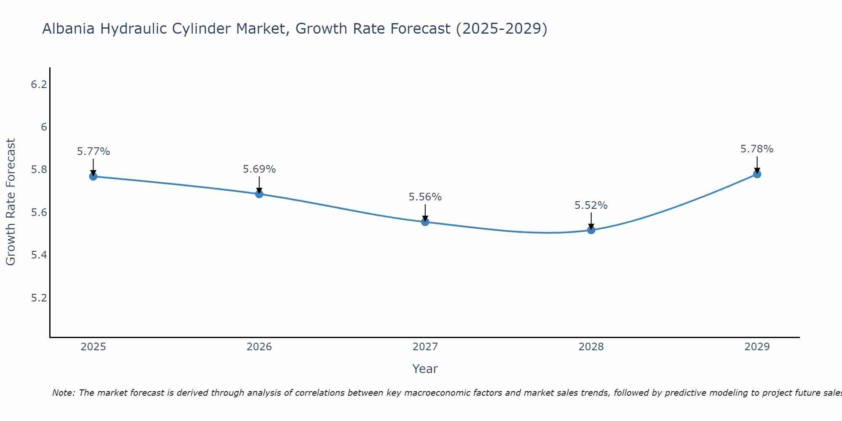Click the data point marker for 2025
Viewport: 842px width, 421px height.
pyautogui.click(x=93, y=176)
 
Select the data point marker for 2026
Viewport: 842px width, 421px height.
pyautogui.click(x=259, y=194)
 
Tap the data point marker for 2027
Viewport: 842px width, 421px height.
pyautogui.click(x=425, y=222)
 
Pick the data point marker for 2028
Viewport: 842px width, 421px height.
pyautogui.click(x=591, y=230)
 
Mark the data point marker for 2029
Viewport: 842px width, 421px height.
pyautogui.click(x=757, y=174)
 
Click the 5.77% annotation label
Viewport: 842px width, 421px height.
pyautogui.click(x=93, y=152)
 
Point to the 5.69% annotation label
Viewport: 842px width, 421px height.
pyautogui.click(x=259, y=169)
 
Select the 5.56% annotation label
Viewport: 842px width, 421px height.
pyautogui.click(x=425, y=197)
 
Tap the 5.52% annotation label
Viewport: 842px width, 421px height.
pyautogui.click(x=591, y=205)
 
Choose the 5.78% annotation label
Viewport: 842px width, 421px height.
pyautogui.click(x=757, y=149)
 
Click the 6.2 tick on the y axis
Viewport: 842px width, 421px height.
pyautogui.click(x=39, y=85)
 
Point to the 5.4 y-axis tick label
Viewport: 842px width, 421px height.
pyautogui.click(x=39, y=255)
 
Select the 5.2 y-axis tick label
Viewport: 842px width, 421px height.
pyautogui.click(x=39, y=298)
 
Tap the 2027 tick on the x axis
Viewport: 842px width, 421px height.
pyautogui.click(x=425, y=347)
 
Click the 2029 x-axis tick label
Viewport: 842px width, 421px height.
pyautogui.click(x=757, y=347)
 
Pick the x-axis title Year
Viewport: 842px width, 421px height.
pyautogui.click(x=425, y=369)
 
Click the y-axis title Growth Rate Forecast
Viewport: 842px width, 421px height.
pyautogui.click(x=11, y=202)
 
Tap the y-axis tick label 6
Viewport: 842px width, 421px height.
pyautogui.click(x=44, y=127)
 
